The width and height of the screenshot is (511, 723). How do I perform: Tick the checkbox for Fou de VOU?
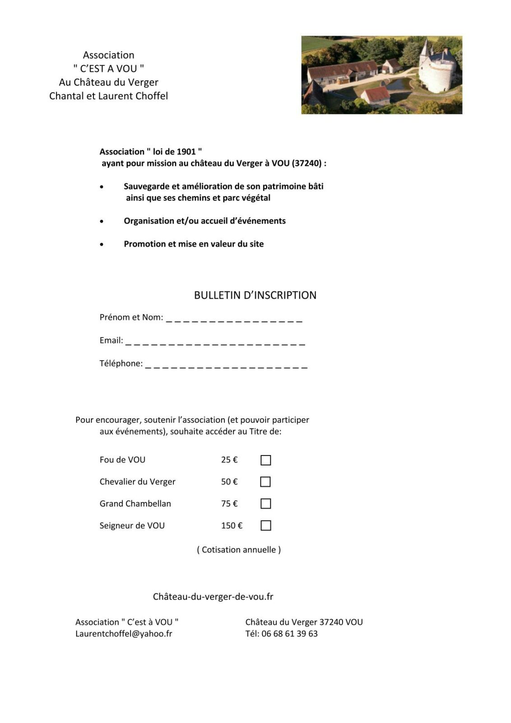pyautogui.click(x=266, y=460)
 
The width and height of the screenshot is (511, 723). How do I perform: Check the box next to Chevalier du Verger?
pyautogui.click(x=265, y=482)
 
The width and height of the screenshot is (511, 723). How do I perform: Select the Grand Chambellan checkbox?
pyautogui.click(x=266, y=503)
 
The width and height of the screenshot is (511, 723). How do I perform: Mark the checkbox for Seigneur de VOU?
pyautogui.click(x=266, y=526)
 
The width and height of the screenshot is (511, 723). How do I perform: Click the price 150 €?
pyautogui.click(x=232, y=526)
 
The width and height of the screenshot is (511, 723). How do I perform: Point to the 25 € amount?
pyautogui.click(x=229, y=460)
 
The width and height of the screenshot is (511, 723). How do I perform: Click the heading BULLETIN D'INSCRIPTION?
pyautogui.click(x=255, y=296)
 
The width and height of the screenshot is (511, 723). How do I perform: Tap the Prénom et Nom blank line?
pyautogui.click(x=234, y=320)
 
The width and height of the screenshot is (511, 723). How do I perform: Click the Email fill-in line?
pyautogui.click(x=215, y=343)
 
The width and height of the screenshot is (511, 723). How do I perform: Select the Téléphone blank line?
pyautogui.click(x=226, y=366)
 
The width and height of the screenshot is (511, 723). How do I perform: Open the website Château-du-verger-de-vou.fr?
pyautogui.click(x=213, y=596)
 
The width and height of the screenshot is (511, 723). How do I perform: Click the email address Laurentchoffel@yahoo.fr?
pyautogui.click(x=124, y=634)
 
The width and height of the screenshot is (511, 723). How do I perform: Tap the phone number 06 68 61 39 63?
pyautogui.click(x=289, y=634)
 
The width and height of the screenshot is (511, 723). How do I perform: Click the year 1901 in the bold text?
pyautogui.click(x=186, y=152)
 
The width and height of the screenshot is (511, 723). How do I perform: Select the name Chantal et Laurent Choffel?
pyautogui.click(x=108, y=96)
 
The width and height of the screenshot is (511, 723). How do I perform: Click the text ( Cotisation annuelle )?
pyautogui.click(x=239, y=550)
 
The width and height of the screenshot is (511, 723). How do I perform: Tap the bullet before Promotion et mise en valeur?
pyautogui.click(x=102, y=244)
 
